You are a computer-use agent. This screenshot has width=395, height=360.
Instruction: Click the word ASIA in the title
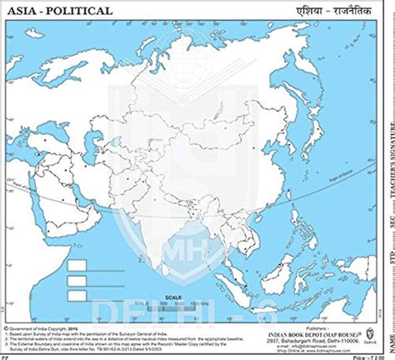coord(22,11)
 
